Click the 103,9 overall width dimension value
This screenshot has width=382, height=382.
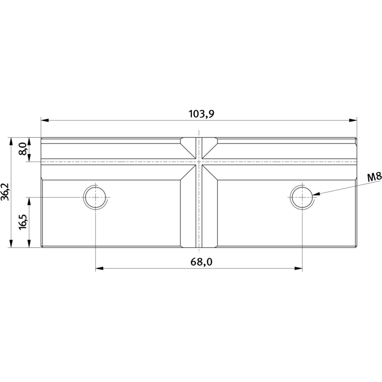[x=202, y=114]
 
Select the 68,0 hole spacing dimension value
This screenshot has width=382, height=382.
[x=202, y=262]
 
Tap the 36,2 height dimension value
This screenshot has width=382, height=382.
[x=5, y=192]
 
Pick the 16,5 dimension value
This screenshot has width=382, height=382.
[x=23, y=222]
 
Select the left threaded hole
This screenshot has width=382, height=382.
[x=95, y=197]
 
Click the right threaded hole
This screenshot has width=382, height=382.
[x=302, y=197]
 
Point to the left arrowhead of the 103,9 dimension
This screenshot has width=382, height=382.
[x=45, y=120]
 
